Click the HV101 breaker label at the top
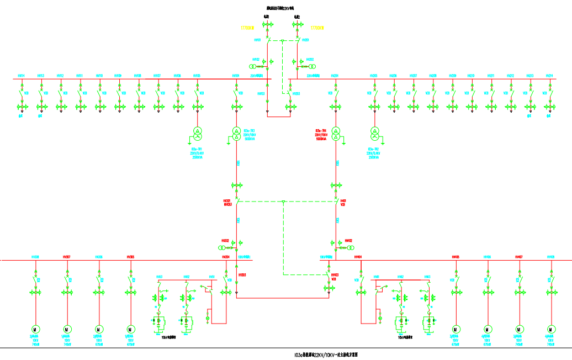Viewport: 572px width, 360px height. pyautogui.click(x=257, y=40)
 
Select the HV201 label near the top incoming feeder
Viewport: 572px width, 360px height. pyautogui.click(x=305, y=40)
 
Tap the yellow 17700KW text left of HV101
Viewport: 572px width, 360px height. pyautogui.click(x=247, y=27)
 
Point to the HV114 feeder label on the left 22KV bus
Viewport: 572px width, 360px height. pyautogui.click(x=21, y=76)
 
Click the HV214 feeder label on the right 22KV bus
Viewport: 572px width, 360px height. pyautogui.click(x=549, y=76)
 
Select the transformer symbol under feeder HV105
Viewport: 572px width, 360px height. pyautogui.click(x=196, y=131)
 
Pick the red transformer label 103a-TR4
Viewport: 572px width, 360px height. pyautogui.click(x=321, y=130)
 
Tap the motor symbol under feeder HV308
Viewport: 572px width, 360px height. pyautogui.click(x=35, y=329)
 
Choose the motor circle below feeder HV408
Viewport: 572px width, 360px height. pyautogui.click(x=550, y=329)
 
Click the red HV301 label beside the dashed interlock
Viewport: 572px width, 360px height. pyautogui.click(x=226, y=201)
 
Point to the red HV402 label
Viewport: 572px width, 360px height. pyautogui.click(x=348, y=241)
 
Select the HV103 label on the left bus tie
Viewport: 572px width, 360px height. pyautogui.click(x=261, y=94)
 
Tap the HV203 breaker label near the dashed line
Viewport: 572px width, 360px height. pyautogui.click(x=296, y=94)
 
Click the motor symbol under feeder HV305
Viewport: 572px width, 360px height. pyautogui.click(x=131, y=329)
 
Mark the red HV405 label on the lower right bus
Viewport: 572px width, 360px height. pyautogui.click(x=456, y=257)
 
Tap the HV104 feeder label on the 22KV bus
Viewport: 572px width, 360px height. pyautogui.click(x=236, y=76)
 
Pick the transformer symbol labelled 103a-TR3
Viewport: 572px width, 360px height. pyautogui.click(x=236, y=131)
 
